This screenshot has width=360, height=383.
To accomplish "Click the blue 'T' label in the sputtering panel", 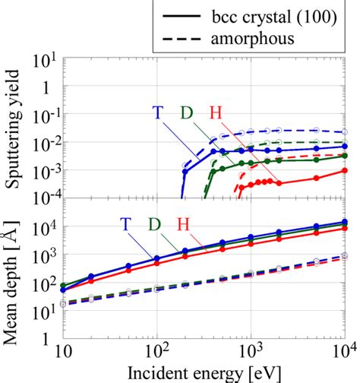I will coord(156,112).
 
